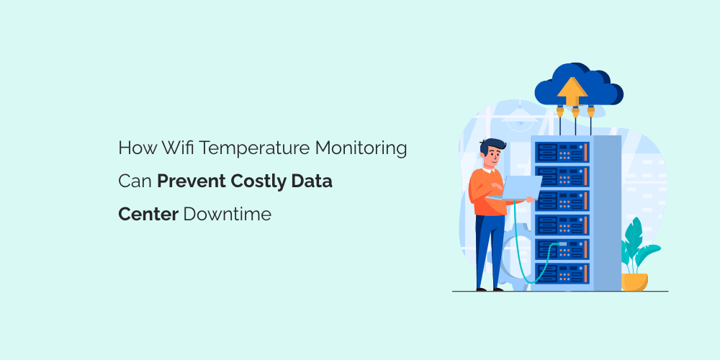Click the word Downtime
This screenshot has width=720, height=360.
(228, 214)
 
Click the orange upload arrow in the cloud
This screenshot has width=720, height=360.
(572, 90)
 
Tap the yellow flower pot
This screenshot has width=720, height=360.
(634, 281)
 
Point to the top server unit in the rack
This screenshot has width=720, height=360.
(562, 152)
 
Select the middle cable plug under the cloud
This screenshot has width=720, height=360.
(574, 112)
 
